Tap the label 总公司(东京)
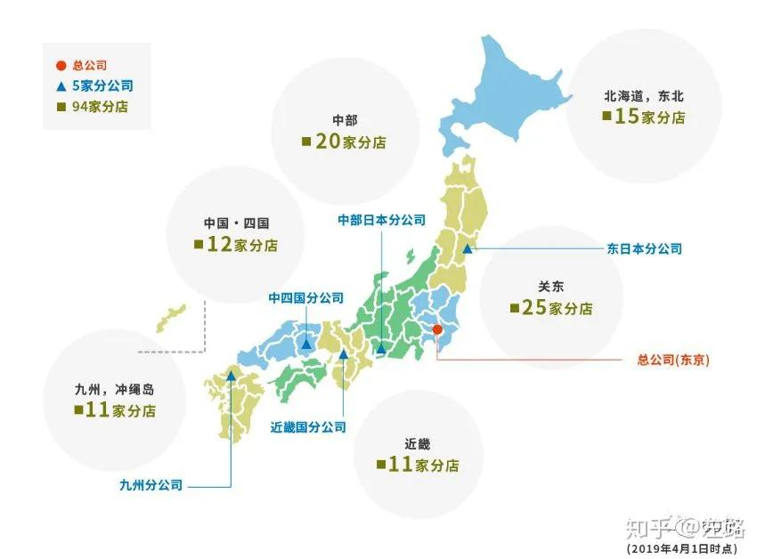pos(673,361)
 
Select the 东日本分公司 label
pos(644,249)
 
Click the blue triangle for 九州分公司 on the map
pos(231,376)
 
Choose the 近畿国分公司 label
pos(307,426)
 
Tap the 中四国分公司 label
pos(305,298)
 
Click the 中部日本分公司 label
pos(381,220)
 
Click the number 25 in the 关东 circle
pos(533,308)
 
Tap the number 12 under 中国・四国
pos(219,244)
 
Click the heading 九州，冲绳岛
pos(116,389)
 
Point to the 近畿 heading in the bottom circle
pos(417,442)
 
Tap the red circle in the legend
pos(60,66)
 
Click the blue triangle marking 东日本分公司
pos(467,250)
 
